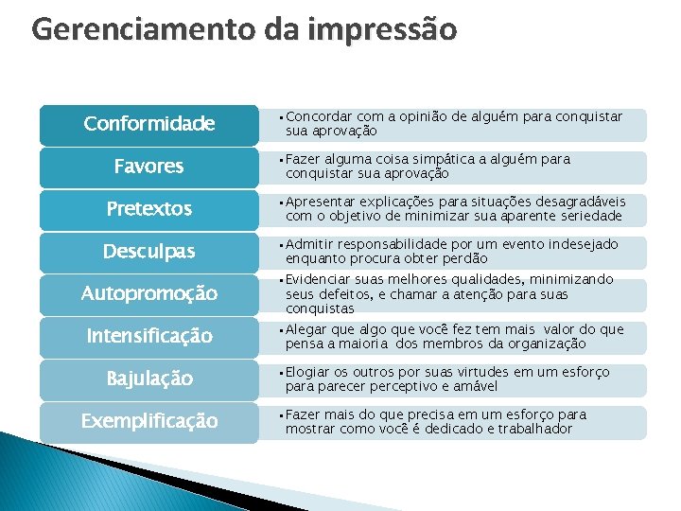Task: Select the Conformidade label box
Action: click(148, 124)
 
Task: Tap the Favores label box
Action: click(148, 167)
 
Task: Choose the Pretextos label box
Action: click(148, 209)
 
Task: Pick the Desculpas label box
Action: click(148, 252)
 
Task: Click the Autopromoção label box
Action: click(148, 294)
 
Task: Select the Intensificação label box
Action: click(148, 336)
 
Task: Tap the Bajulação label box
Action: click(148, 379)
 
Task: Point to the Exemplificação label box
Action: click(148, 421)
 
